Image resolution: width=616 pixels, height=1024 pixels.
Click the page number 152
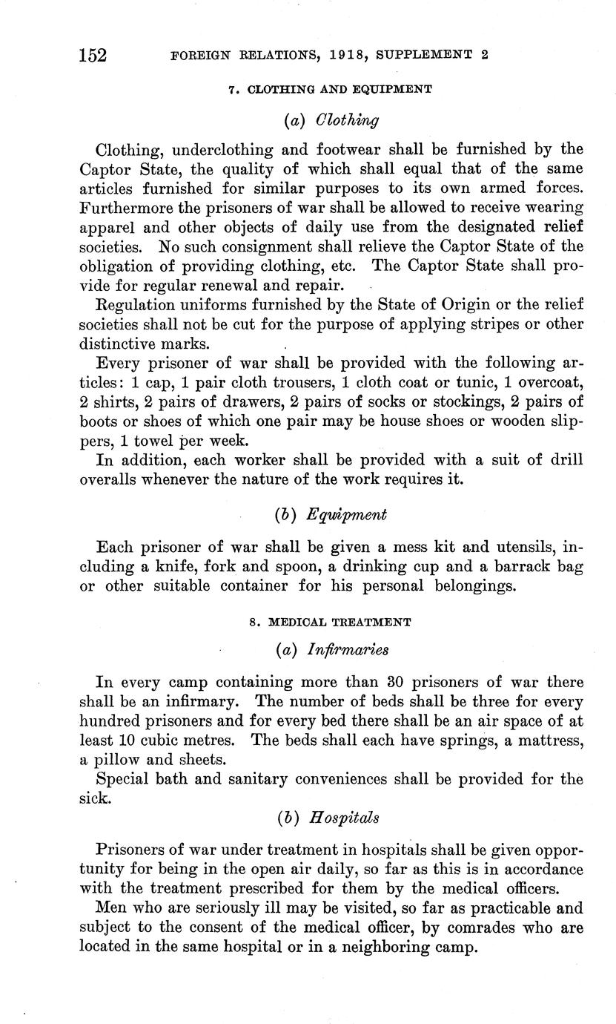pos(93,55)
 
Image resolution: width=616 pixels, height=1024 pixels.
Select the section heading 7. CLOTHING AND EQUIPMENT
pos(330,89)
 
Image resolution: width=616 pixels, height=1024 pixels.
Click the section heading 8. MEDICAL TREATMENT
pos(330,622)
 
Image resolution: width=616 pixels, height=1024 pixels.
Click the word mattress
pos(549,740)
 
